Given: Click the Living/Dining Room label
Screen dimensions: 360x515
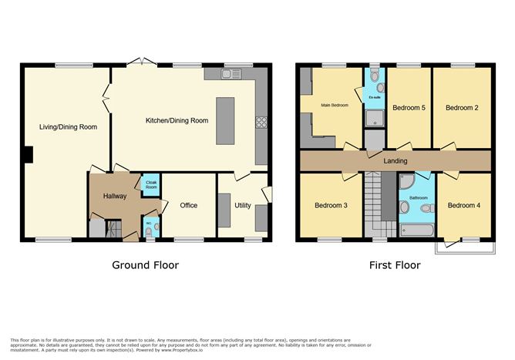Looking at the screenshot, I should (69, 126).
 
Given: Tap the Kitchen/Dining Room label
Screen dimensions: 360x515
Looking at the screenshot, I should (177, 120).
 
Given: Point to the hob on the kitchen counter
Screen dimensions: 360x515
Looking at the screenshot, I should (261, 123).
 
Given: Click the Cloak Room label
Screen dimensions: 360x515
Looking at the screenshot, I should (151, 185).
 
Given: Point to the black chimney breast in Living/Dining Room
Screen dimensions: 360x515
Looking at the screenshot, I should (29, 155).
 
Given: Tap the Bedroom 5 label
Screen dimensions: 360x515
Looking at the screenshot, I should (409, 108).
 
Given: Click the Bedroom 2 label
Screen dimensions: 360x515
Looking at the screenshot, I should (462, 108).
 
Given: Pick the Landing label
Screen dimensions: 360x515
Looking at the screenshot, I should (395, 161).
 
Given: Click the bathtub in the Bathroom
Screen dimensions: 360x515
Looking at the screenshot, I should (416, 230).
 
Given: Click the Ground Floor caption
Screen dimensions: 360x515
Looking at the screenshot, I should (145, 265).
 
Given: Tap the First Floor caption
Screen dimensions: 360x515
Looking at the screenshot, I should (394, 265).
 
